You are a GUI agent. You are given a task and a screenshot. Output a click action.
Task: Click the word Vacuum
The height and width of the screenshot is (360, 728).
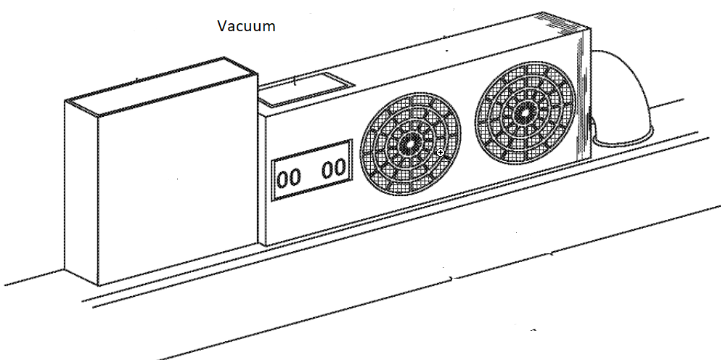click(246, 27)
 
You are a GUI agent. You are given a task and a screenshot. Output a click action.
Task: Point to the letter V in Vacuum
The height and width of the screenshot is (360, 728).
click(222, 27)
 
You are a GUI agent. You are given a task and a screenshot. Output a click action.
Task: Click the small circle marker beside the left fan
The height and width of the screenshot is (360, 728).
click(441, 152)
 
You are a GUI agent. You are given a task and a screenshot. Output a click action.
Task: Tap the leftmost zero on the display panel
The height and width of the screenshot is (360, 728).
click(284, 179)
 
